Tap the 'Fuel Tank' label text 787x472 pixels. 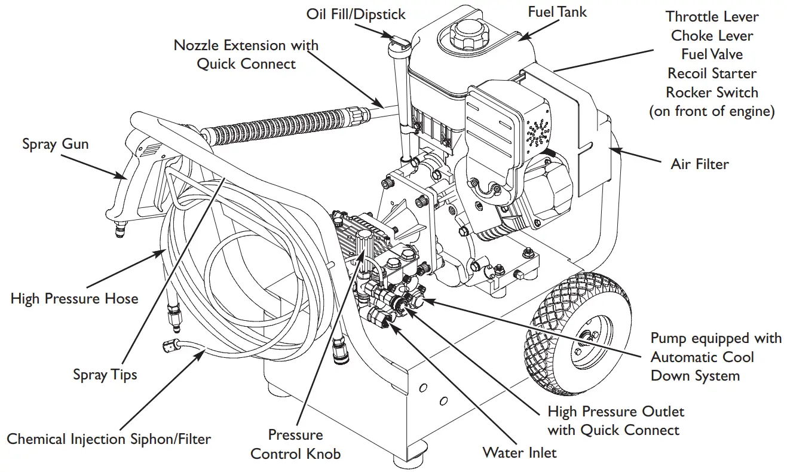click(x=557, y=12)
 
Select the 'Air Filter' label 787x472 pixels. click(x=699, y=164)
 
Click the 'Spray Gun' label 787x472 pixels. click(x=55, y=145)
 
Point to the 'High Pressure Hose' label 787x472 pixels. click(x=74, y=298)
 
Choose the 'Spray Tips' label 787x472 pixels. click(x=105, y=375)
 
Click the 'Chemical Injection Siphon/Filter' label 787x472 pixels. click(x=109, y=439)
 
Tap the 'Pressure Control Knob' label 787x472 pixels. click(x=295, y=444)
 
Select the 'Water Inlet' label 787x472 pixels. click(x=519, y=453)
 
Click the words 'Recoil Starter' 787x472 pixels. click(x=711, y=73)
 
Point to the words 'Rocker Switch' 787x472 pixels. click(x=711, y=93)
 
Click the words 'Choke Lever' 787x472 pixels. click(x=711, y=35)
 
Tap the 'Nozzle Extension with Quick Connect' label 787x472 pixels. click(x=246, y=54)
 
